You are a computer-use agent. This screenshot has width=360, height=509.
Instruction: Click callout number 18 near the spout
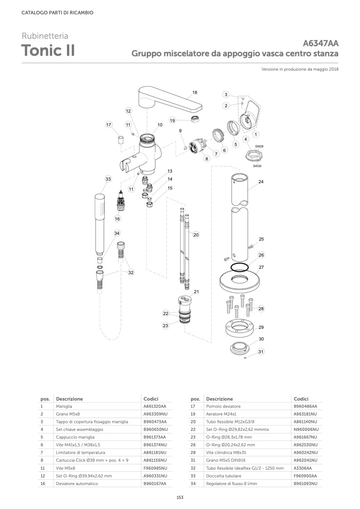pyautogui.click(x=195, y=92)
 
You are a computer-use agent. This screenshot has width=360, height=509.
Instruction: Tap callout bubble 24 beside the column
pyautogui.click(x=261, y=182)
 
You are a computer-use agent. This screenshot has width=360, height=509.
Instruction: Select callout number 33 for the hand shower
pyautogui.click(x=108, y=179)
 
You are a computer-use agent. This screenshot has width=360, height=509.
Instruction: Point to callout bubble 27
pyautogui.click(x=261, y=267)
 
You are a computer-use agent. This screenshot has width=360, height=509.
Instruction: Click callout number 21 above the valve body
pyautogui.click(x=196, y=292)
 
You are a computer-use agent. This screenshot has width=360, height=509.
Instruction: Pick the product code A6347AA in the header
pyautogui.click(x=321, y=44)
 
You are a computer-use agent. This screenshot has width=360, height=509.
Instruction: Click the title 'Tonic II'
pyautogui.click(x=48, y=51)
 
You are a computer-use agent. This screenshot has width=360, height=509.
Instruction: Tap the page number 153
pyautogui.click(x=180, y=497)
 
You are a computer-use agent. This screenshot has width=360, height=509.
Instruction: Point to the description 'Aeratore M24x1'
pyautogui.click(x=221, y=414)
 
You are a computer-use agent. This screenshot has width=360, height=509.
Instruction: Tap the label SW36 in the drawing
pyautogui.click(x=257, y=166)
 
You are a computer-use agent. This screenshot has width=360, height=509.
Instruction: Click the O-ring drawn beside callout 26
pyautogui.click(x=240, y=266)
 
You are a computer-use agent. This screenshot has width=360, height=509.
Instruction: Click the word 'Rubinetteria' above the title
pyautogui.click(x=45, y=37)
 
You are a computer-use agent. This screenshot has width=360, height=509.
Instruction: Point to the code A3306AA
pyautogui.click(x=303, y=453)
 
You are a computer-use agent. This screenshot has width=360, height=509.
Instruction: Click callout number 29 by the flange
pyautogui.click(x=261, y=327)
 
